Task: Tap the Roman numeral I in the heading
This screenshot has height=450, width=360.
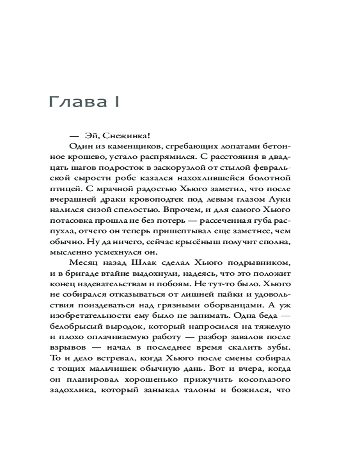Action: (116, 103)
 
